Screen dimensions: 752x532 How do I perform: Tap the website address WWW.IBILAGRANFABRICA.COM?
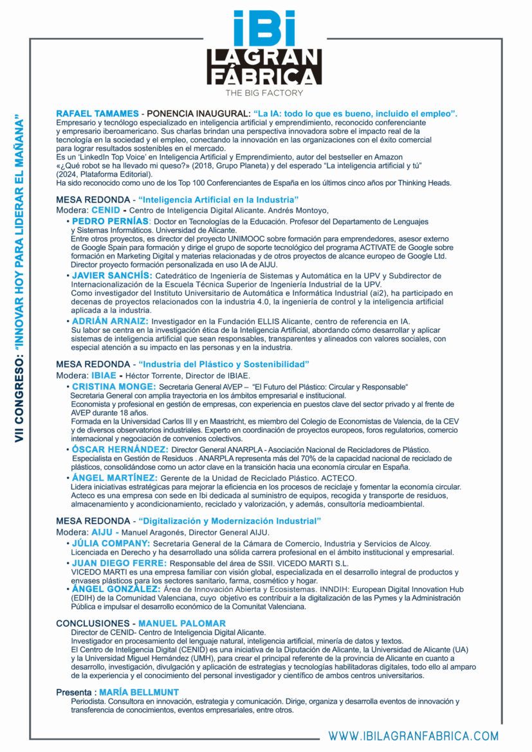click(x=414, y=736)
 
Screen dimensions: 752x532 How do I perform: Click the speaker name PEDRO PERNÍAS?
click(x=110, y=221)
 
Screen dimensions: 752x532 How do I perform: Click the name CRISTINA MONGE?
click(x=114, y=386)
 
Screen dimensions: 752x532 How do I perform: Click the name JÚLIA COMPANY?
click(x=111, y=543)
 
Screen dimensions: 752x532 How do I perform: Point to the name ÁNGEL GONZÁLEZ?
click(x=116, y=588)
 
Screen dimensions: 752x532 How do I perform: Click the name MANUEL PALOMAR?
click(x=182, y=623)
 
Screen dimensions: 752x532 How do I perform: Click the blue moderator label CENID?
click(x=105, y=210)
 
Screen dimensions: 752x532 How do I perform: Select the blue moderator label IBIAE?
click(x=104, y=375)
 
